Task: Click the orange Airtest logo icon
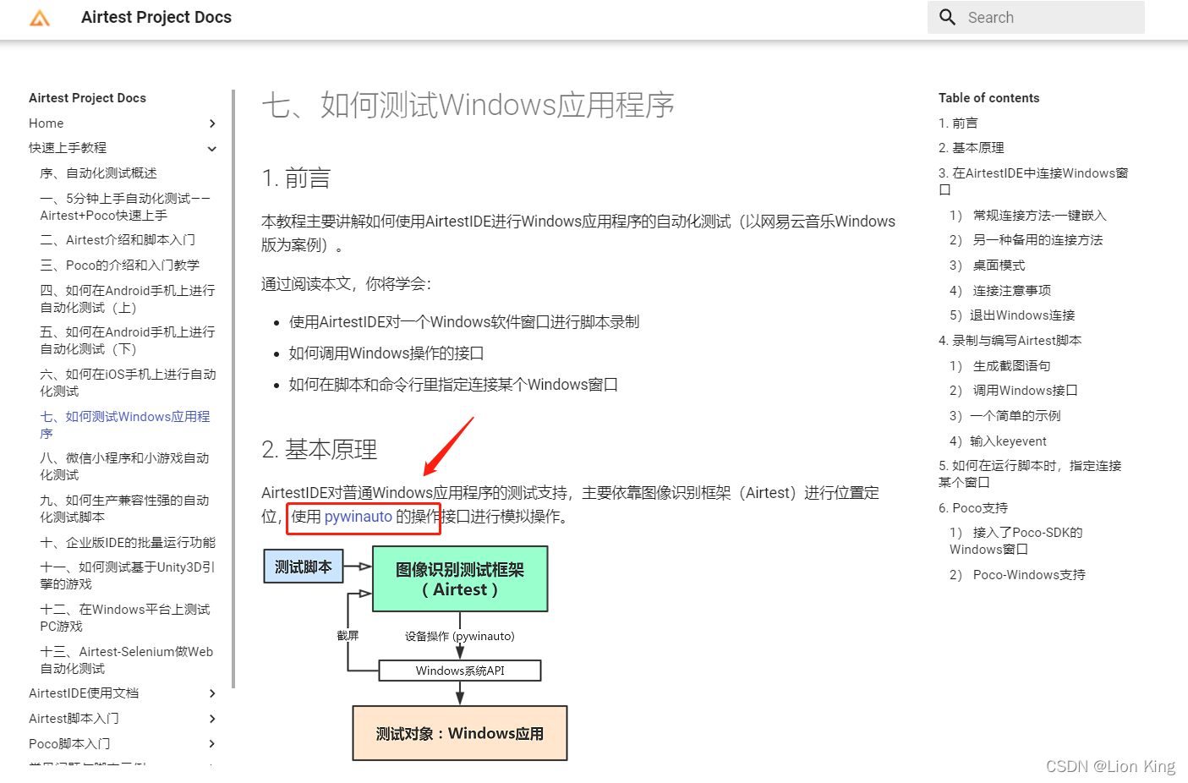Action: click(x=40, y=18)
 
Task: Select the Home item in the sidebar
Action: click(x=47, y=123)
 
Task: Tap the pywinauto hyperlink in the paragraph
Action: click(x=359, y=517)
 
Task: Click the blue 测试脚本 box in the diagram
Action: click(x=304, y=567)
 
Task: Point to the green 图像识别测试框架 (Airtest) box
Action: click(x=460, y=579)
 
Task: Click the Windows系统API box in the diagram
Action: click(x=460, y=671)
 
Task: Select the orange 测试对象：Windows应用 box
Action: click(x=460, y=733)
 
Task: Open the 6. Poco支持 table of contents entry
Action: click(x=973, y=508)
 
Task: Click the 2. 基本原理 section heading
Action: click(x=320, y=450)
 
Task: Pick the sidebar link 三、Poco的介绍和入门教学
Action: click(x=120, y=266)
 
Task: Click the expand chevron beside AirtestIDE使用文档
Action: click(x=212, y=693)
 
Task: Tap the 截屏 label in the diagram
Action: click(x=348, y=636)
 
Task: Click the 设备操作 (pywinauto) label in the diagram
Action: click(x=459, y=636)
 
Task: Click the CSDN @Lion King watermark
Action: click(x=1110, y=766)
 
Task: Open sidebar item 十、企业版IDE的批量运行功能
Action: click(x=128, y=543)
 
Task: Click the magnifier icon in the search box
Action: click(x=948, y=18)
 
